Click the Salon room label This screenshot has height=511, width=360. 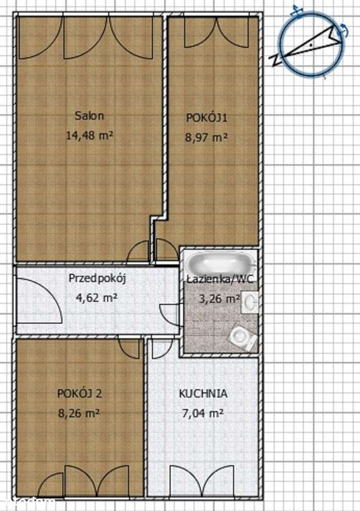click(x=89, y=116)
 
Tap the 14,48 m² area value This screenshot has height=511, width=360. click(x=89, y=135)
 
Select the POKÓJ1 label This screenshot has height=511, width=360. click(x=207, y=118)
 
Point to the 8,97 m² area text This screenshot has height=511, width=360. click(x=206, y=137)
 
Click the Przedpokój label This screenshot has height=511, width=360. click(x=97, y=279)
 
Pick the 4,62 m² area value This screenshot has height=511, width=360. click(x=97, y=298)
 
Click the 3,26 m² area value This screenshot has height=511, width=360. click(x=220, y=298)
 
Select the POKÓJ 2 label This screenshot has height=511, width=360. click(x=79, y=393)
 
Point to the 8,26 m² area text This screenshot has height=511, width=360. click(x=79, y=413)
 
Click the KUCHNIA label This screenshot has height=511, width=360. click(x=204, y=393)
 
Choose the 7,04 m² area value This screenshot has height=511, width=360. click(x=202, y=413)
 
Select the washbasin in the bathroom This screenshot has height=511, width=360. click(x=250, y=303)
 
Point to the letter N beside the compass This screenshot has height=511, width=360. click(x=276, y=60)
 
